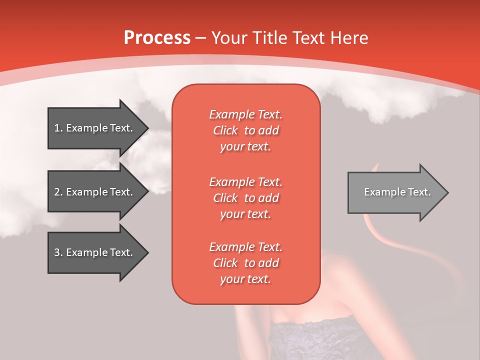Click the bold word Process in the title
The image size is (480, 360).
(x=157, y=38)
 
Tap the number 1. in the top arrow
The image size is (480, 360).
(x=58, y=128)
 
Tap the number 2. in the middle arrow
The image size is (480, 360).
(x=58, y=192)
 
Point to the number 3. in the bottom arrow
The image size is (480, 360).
(x=58, y=252)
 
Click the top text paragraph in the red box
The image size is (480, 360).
(x=245, y=130)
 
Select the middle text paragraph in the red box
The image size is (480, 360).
(x=245, y=197)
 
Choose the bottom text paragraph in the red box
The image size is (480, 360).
(x=245, y=262)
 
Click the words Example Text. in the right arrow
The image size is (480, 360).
(x=397, y=192)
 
